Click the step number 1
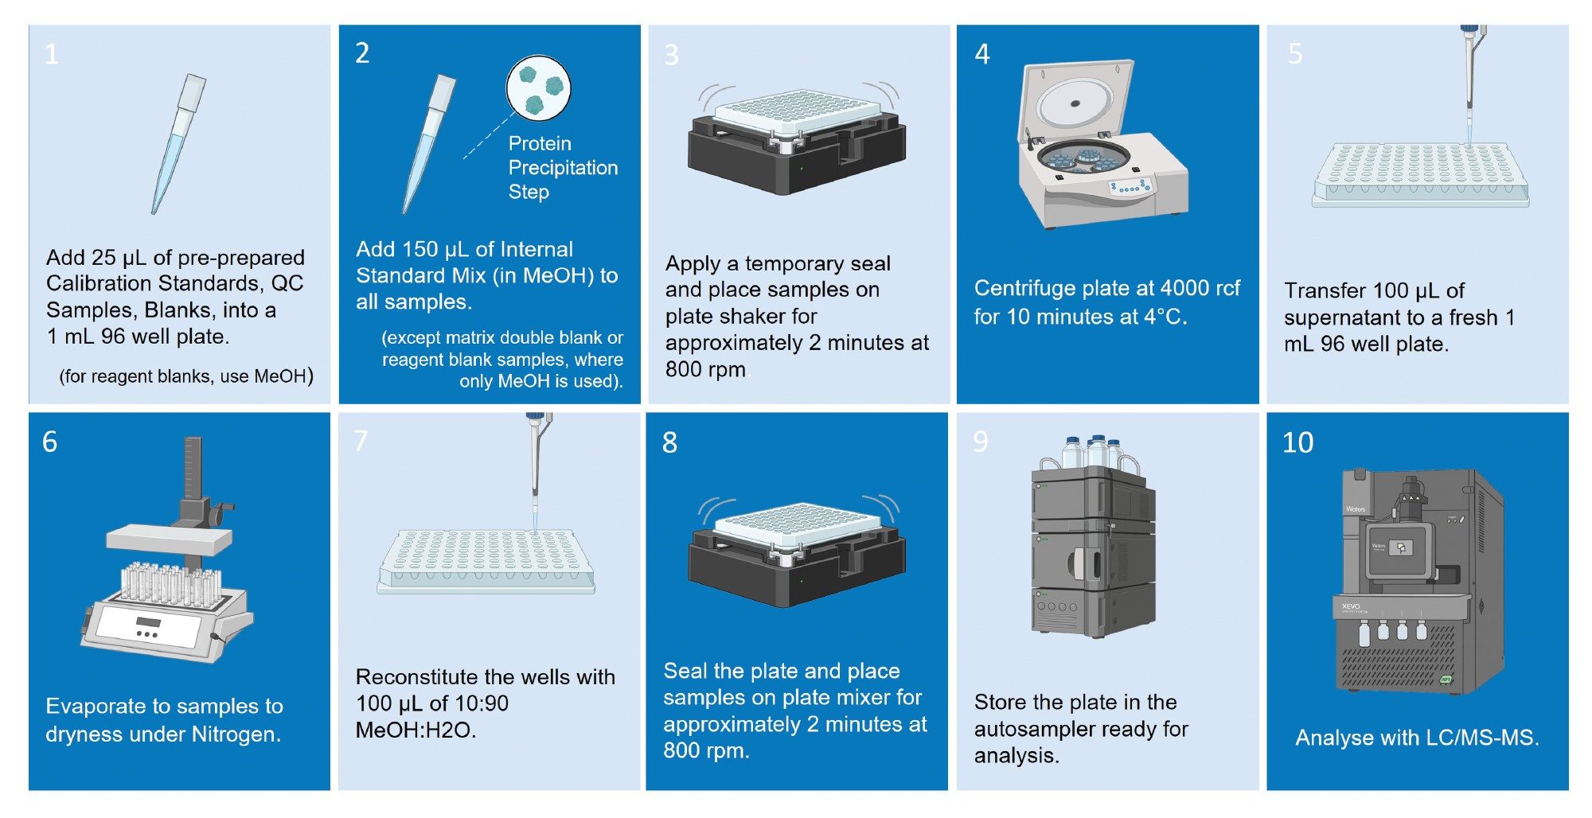tap(52, 54)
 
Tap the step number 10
tap(1297, 442)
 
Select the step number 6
tap(49, 442)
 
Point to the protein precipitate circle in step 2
tap(539, 88)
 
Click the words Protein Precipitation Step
tap(562, 168)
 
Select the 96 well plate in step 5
tap(1421, 176)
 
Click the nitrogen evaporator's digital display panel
tap(149, 621)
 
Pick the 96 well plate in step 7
tap(486, 562)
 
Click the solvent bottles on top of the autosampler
tap(1097, 453)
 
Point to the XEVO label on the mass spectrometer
tap(1351, 606)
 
